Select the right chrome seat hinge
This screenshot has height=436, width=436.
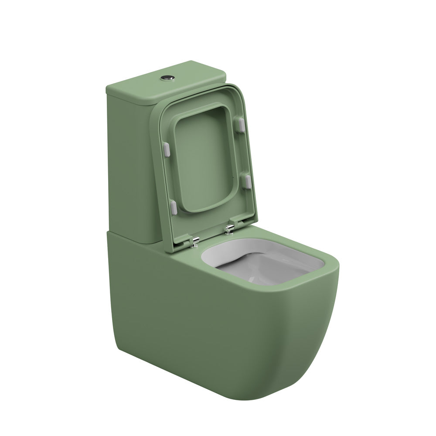(229, 228)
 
